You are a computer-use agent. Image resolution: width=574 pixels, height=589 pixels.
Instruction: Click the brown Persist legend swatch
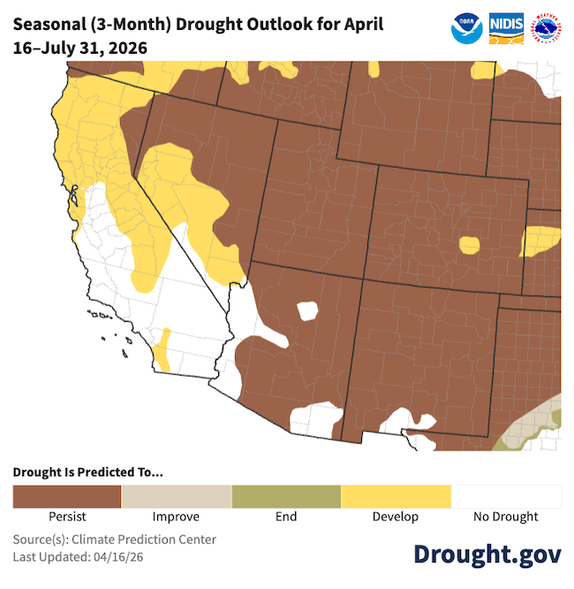click(67, 496)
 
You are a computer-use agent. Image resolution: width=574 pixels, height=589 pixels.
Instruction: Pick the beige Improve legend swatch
click(177, 496)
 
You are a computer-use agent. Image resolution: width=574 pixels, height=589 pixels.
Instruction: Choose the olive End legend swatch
click(286, 496)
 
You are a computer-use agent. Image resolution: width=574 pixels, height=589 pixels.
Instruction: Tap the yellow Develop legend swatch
click(396, 496)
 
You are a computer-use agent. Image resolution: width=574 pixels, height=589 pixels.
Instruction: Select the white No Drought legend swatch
click(506, 496)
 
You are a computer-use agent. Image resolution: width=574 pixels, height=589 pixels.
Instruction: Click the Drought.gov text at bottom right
click(487, 554)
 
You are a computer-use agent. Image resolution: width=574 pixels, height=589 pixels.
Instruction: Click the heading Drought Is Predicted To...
click(88, 472)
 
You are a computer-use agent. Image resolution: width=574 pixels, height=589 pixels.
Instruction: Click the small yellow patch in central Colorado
click(469, 243)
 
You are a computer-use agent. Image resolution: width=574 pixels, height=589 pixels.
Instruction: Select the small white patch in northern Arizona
click(307, 310)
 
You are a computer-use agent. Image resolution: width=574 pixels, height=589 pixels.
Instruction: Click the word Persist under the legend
click(67, 517)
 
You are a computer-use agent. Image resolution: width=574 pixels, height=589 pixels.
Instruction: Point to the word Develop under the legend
click(396, 517)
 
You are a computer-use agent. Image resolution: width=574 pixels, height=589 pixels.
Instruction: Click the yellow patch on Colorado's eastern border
click(540, 240)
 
